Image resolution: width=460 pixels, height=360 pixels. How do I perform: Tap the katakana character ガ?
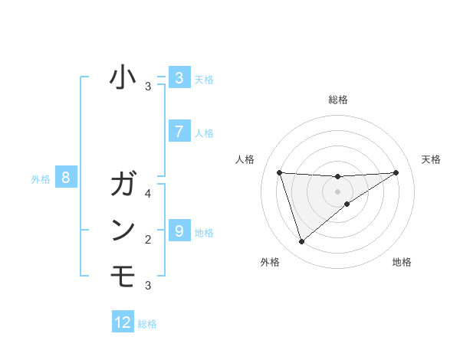point(123,185)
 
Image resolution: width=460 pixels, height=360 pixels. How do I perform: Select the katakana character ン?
point(123,230)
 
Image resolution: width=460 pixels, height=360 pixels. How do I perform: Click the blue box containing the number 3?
point(179,77)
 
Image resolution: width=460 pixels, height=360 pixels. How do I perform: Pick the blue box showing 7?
point(179,131)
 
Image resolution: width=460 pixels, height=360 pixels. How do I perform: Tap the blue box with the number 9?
point(179,231)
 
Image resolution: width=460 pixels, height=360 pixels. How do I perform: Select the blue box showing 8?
point(66,178)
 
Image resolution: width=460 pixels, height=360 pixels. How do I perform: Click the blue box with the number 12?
point(123,322)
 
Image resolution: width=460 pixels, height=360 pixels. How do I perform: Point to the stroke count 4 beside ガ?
point(148,194)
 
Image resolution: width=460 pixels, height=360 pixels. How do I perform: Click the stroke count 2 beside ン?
point(148,240)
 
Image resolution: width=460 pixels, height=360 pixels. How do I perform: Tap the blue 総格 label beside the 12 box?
point(147,324)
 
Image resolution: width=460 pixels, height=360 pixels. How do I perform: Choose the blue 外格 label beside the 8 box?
point(41,179)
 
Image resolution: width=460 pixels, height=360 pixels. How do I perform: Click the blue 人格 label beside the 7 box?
point(204,133)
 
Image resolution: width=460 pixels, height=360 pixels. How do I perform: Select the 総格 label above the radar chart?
point(337,100)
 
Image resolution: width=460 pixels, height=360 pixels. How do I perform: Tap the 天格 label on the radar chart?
point(431,159)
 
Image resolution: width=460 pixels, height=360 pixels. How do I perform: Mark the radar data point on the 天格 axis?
point(396,172)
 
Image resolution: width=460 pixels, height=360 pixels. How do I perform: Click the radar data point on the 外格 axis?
point(301,242)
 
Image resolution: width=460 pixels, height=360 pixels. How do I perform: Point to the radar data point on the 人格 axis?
point(279,172)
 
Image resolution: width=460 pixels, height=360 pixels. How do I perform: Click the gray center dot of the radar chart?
point(337,191)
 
